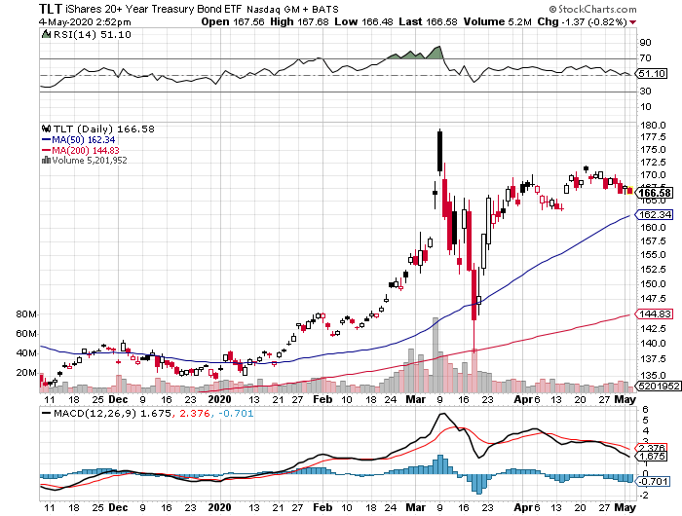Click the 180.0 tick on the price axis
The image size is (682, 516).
point(652,125)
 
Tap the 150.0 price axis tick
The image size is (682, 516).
point(652,284)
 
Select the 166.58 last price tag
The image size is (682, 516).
point(654,193)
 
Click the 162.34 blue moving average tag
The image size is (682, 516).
point(654,214)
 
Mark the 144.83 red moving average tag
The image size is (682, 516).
point(654,313)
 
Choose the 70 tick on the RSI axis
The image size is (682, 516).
point(644,59)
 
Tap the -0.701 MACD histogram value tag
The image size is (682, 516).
point(654,480)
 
